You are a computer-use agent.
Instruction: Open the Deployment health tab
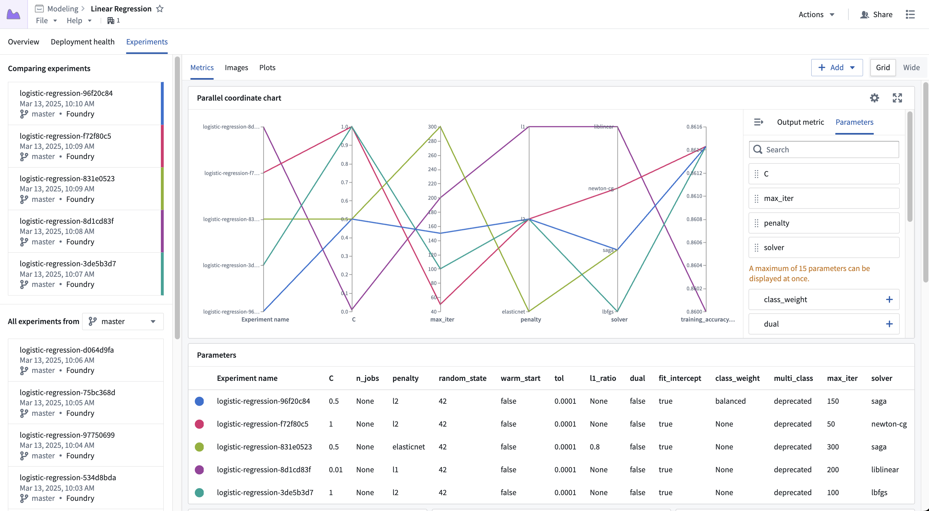pos(82,42)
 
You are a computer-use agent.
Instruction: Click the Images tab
pos(236,68)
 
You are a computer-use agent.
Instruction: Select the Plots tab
pos(267,68)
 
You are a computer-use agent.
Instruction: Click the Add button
pos(837,68)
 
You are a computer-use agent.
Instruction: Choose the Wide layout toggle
pos(911,68)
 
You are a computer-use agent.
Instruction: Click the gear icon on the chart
pos(874,98)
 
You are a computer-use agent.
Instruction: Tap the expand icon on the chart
pos(897,98)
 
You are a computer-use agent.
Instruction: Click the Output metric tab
pos(800,122)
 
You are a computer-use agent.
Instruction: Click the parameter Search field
pos(824,149)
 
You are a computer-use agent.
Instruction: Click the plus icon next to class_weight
pos(889,300)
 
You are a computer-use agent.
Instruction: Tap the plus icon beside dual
pos(889,324)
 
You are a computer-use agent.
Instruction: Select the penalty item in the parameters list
pos(824,223)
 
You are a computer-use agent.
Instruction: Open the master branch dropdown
pos(123,322)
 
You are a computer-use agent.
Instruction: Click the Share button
pos(876,14)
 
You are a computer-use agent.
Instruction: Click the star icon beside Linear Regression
pos(160,9)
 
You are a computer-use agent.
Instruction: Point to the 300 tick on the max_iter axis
pos(432,127)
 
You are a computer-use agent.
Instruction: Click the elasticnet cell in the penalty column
pos(408,447)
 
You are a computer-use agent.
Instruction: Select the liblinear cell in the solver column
pos(885,469)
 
